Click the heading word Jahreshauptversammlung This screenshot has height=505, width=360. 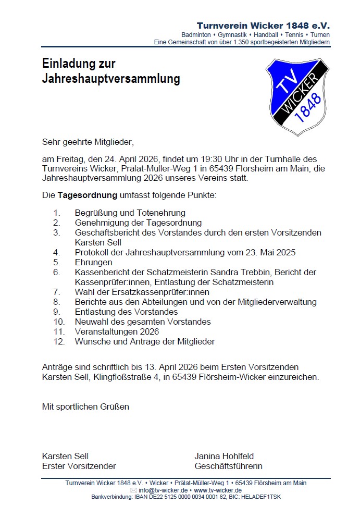coord(111,79)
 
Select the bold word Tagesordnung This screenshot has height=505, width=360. coord(86,196)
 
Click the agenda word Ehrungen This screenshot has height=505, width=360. coord(93,262)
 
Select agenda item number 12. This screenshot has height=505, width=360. coord(58,341)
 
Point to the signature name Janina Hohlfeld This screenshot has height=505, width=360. coord(224,456)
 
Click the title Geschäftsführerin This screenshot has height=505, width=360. coord(228,466)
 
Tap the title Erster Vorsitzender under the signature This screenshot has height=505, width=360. coord(79,466)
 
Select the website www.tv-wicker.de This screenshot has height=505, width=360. coord(218,490)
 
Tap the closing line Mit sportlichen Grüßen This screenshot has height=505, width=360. coord(85,406)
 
